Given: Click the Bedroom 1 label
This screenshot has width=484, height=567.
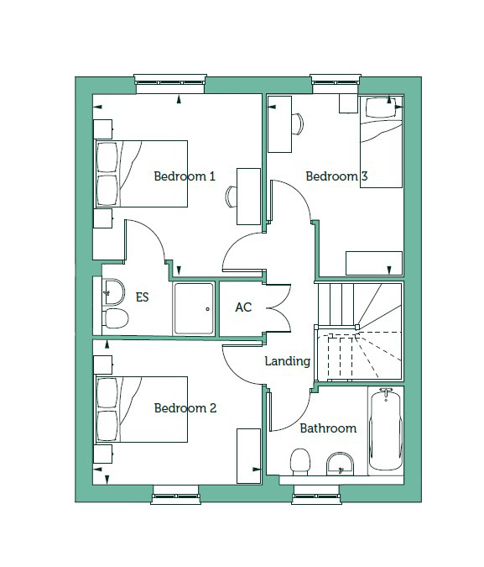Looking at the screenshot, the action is click(x=185, y=176).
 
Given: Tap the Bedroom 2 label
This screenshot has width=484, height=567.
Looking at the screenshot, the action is click(x=185, y=408).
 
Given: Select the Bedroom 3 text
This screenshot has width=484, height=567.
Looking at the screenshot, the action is click(x=336, y=176).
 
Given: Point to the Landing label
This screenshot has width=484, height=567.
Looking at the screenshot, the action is click(x=288, y=361).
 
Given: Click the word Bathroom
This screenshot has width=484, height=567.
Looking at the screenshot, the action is click(x=328, y=428).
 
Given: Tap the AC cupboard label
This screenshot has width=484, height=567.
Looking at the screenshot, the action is click(x=243, y=307).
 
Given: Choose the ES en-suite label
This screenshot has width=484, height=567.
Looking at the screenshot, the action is click(x=142, y=297).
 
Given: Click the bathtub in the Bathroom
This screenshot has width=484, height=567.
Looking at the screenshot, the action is click(x=385, y=429).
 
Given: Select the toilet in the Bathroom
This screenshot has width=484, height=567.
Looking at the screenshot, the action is click(x=300, y=462).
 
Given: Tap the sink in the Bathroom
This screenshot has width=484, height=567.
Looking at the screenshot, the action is click(x=340, y=464).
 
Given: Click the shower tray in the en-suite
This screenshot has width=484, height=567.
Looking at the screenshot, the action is click(x=194, y=308).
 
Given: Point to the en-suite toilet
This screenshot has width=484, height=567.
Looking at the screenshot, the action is click(x=116, y=318).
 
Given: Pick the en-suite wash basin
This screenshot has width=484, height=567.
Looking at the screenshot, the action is click(x=113, y=291).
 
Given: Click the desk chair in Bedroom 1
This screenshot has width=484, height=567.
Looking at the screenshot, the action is click(x=232, y=197).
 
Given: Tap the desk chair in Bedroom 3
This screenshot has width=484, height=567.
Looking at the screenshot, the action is click(x=298, y=124).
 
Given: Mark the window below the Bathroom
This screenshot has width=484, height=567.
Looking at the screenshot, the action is click(x=316, y=495).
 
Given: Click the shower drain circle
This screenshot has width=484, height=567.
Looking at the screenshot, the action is click(x=208, y=309).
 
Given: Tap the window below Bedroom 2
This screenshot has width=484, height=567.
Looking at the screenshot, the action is click(x=176, y=495).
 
